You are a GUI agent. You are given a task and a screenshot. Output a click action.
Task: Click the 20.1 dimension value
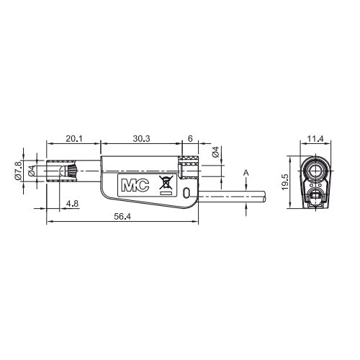pyautogui.click(x=74, y=139)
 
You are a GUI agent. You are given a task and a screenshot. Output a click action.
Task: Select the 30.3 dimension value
pyautogui.click(x=141, y=139)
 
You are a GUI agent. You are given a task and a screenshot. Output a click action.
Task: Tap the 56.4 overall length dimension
pyautogui.click(x=122, y=217)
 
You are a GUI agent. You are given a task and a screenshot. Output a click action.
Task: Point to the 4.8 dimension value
pyautogui.click(x=73, y=204)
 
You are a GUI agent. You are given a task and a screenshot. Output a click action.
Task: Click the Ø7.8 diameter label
pyautogui.click(x=18, y=171)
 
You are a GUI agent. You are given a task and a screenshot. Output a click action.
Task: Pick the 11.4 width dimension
pyautogui.click(x=315, y=139)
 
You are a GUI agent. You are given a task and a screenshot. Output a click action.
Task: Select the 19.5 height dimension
pyautogui.click(x=285, y=182)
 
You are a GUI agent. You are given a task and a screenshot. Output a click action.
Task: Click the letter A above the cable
pyautogui.click(x=246, y=173)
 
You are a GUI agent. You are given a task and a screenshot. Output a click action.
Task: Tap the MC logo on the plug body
pyautogui.click(x=135, y=185)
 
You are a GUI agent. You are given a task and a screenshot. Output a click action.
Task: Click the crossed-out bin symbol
pyautogui.click(x=166, y=182)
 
